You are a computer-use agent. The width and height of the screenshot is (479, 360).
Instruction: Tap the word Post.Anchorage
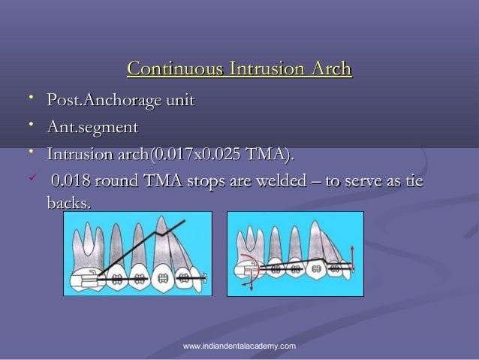[97, 100]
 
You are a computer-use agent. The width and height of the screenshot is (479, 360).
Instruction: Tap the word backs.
[68, 204]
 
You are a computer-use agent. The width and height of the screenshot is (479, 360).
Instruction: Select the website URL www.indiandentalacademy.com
[239, 345]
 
